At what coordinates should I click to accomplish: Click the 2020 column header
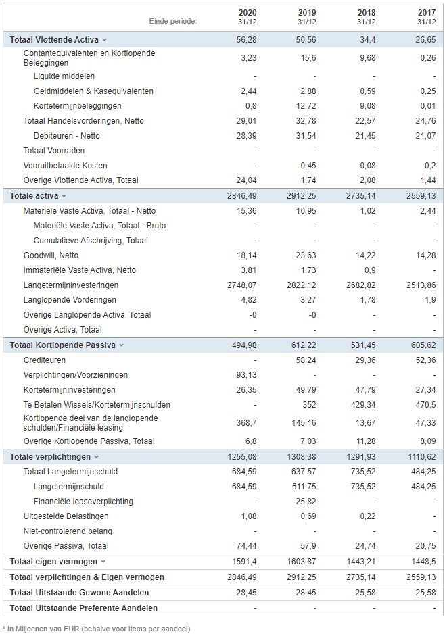click(x=247, y=13)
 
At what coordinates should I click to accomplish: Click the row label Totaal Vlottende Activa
click(x=54, y=40)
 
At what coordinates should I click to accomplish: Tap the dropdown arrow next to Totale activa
click(x=64, y=196)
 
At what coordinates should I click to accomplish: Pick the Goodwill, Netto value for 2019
click(x=306, y=255)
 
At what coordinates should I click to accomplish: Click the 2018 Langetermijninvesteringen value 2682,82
click(x=360, y=285)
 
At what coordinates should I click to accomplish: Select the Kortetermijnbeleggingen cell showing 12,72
click(x=306, y=106)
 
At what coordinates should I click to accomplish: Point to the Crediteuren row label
click(x=44, y=360)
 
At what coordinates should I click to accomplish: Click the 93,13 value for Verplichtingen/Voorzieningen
click(x=246, y=375)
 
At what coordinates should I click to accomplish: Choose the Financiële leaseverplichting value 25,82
click(x=306, y=502)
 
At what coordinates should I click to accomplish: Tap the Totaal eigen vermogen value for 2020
click(x=244, y=561)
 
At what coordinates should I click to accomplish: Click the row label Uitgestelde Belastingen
click(x=66, y=516)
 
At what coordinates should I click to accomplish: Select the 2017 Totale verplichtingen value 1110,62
click(x=421, y=457)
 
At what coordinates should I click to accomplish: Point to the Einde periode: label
click(x=173, y=21)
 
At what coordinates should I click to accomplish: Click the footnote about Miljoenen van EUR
click(x=96, y=629)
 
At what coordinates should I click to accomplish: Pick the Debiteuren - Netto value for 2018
click(x=365, y=135)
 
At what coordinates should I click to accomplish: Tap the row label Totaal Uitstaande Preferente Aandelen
click(x=84, y=608)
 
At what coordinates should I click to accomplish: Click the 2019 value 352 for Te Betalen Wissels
click(x=309, y=405)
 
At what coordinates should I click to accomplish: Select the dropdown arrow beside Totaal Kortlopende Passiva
click(x=121, y=345)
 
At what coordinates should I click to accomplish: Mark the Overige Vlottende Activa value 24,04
click(x=246, y=180)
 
